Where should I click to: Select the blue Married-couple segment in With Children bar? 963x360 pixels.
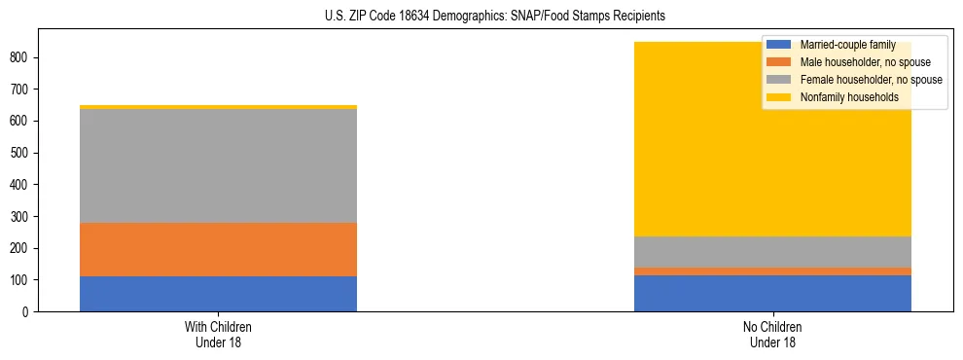218,294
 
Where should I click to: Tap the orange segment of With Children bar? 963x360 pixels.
218,249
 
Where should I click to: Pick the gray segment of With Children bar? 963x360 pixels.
218,165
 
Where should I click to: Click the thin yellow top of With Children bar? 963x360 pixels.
218,107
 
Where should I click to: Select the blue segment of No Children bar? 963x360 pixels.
772,293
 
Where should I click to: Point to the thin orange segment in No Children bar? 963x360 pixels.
772,271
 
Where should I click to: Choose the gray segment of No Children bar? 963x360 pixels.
772,252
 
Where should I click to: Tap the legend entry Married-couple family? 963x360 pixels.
846,45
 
